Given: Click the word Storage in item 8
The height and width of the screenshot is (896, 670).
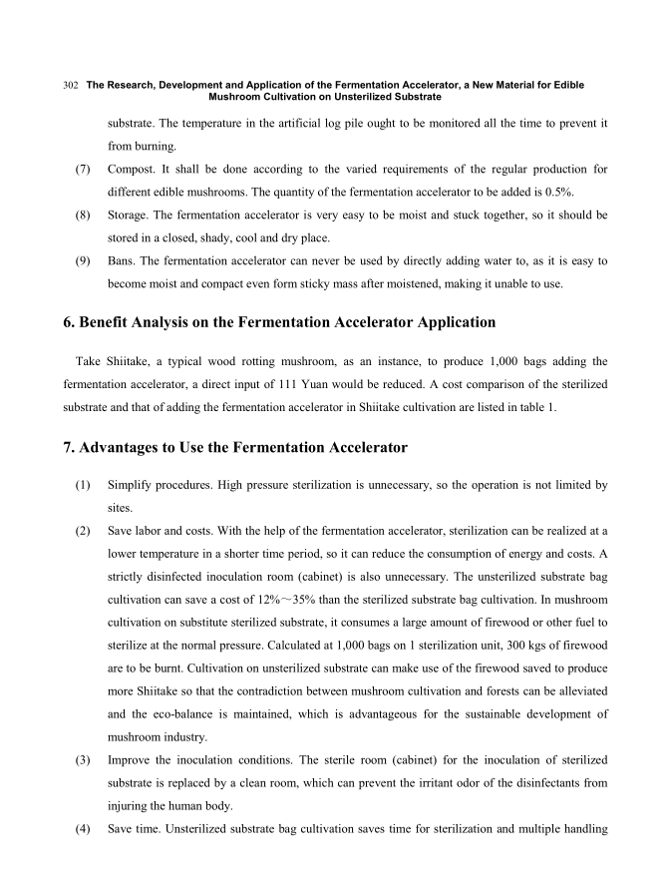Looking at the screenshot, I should (133, 215).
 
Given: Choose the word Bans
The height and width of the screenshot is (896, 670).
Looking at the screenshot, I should (123, 260).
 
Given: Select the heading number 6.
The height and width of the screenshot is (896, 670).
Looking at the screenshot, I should (68, 322).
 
